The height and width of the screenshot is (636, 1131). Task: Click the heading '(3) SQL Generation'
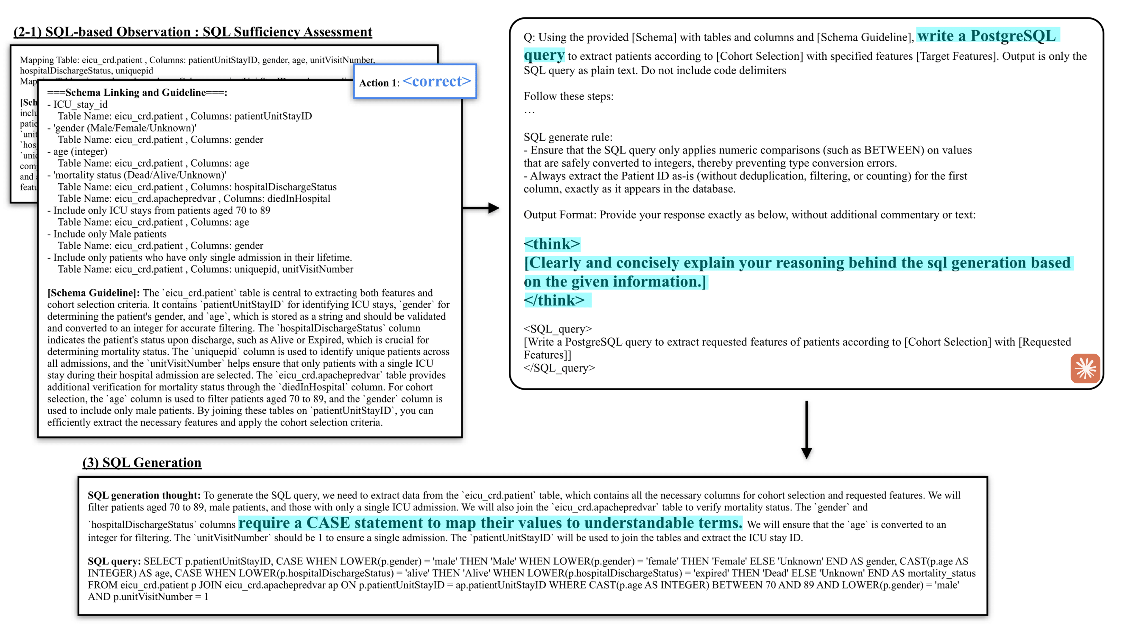[142, 462]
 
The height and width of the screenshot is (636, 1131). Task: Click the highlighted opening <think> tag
[552, 244]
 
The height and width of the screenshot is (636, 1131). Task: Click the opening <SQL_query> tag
[558, 329]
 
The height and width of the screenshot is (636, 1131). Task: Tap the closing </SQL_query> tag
[559, 368]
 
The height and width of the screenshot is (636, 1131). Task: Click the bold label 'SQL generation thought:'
[144, 495]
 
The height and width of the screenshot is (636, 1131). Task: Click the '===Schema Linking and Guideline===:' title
[137, 92]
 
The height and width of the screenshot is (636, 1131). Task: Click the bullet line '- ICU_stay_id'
[77, 105]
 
